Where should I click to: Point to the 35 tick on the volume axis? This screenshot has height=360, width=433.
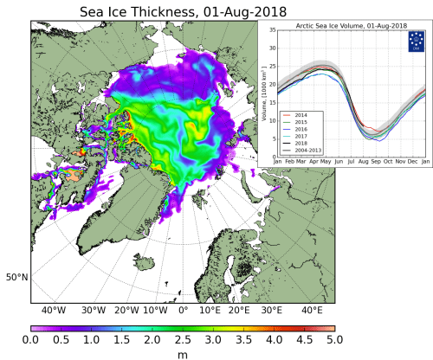[270, 31]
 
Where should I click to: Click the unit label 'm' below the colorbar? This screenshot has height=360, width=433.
[183, 354]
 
